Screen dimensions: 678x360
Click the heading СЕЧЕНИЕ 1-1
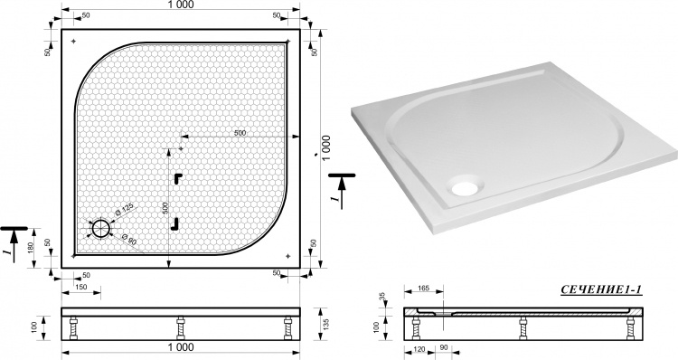coord(601,290)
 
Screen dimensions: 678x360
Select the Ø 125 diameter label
coord(124,210)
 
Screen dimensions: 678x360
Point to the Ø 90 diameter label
coord(129,240)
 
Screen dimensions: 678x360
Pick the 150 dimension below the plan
coord(80,287)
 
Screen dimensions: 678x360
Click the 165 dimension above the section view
coord(424,289)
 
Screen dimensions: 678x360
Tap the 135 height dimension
coord(326,324)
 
